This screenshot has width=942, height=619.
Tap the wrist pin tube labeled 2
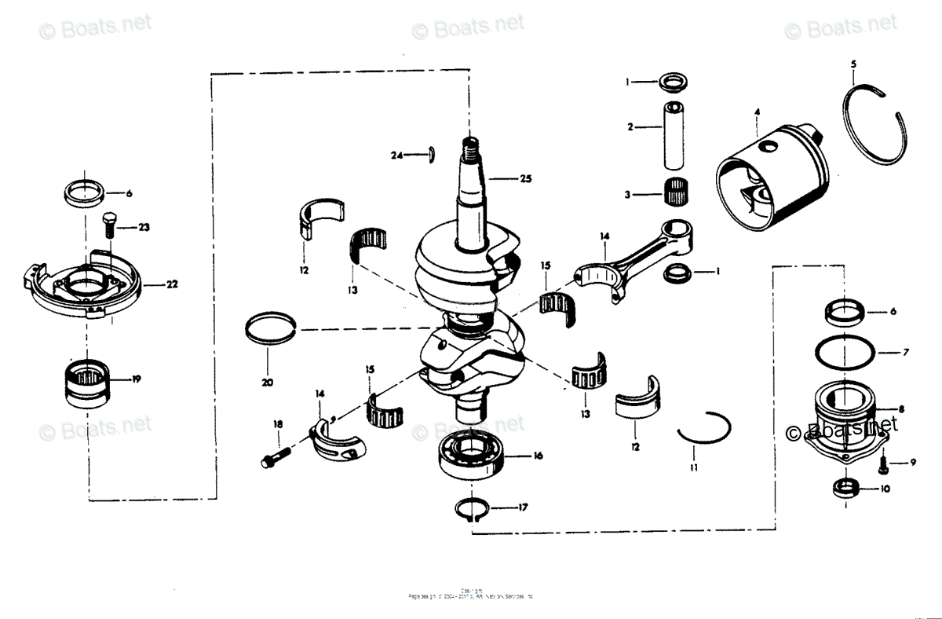(x=673, y=134)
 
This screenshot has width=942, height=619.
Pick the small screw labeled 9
(x=883, y=465)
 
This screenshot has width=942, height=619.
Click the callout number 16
(x=538, y=456)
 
